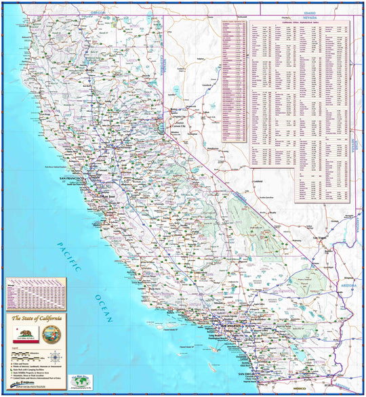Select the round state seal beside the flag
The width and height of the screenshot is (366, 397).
[49, 335]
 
